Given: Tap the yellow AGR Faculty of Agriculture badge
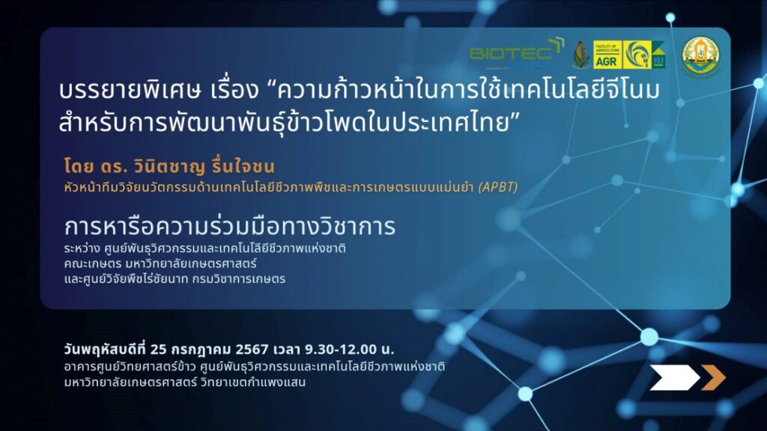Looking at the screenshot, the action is (x=607, y=55).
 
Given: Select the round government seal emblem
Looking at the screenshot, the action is (x=700, y=55).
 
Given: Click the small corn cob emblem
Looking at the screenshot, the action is (x=581, y=55).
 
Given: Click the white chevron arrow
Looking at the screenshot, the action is (x=675, y=377).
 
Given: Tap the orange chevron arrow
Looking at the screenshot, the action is (x=713, y=377).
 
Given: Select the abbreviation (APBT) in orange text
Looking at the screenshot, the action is (x=497, y=186).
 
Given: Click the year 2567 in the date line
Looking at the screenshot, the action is (x=252, y=349).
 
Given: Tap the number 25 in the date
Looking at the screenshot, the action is (x=159, y=349).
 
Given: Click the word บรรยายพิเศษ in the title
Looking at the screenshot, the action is (x=130, y=91).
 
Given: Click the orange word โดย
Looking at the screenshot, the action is (x=79, y=167).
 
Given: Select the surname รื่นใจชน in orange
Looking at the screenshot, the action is (x=243, y=166).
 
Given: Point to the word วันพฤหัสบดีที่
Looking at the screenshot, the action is (x=105, y=349).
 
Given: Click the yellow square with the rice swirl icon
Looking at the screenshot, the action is (x=637, y=55).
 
